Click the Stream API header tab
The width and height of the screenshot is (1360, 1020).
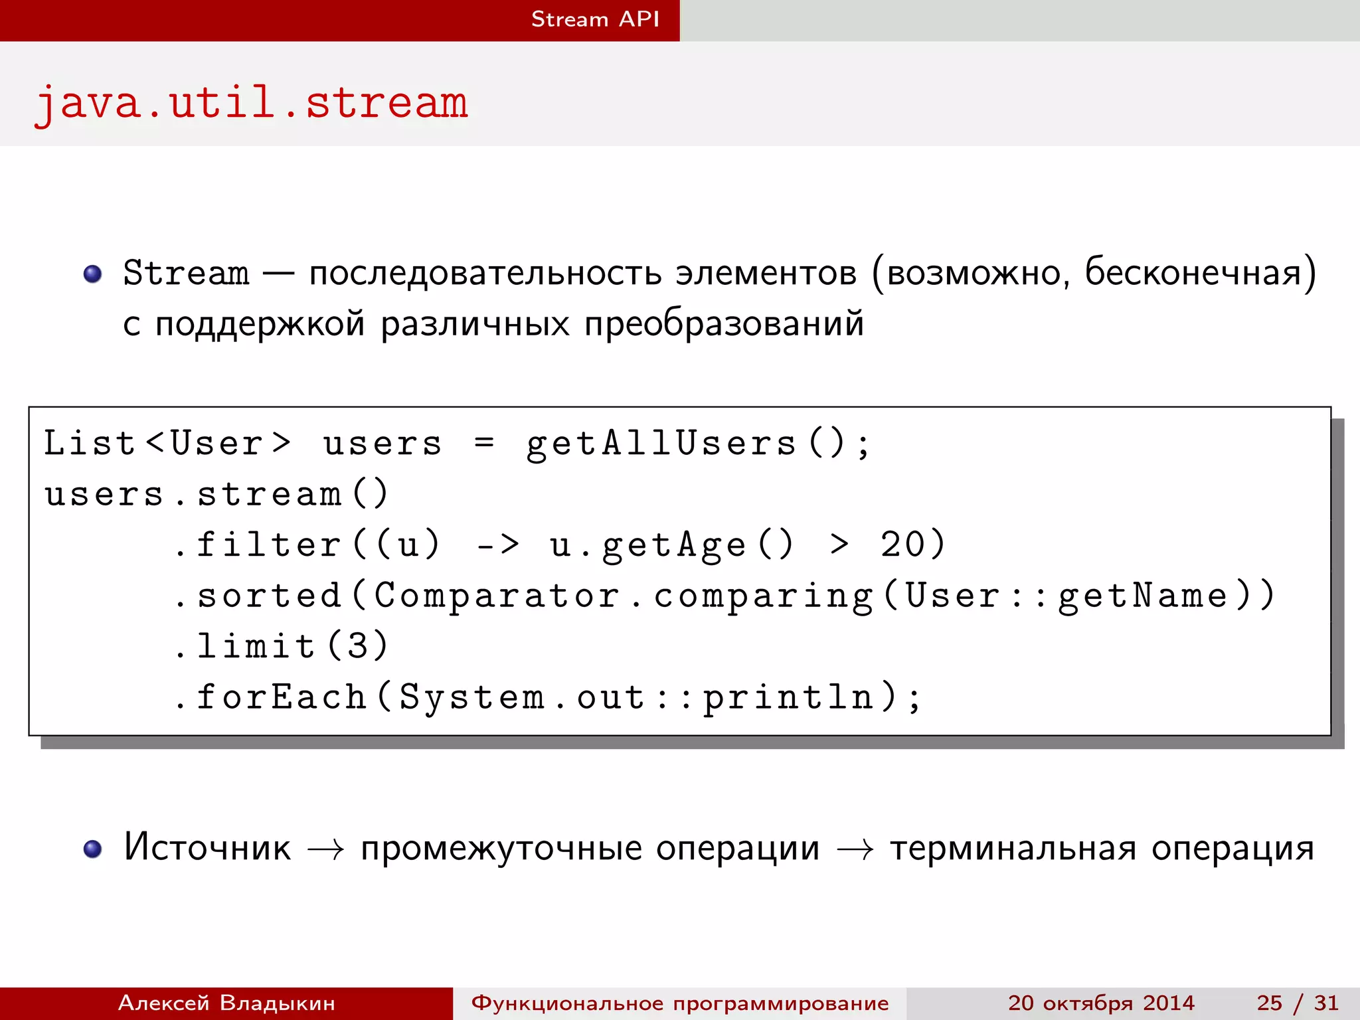[595, 19]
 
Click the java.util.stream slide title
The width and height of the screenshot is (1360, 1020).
[251, 104]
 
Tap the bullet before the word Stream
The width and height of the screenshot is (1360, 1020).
[92, 274]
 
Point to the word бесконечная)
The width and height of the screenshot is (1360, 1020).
[1199, 272]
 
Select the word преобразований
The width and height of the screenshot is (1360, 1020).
[724, 324]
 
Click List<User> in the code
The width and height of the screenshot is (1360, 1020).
[167, 444]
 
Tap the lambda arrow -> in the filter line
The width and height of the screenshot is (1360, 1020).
[498, 545]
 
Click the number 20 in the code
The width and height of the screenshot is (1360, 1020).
[904, 545]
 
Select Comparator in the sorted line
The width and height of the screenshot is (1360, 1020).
[497, 596]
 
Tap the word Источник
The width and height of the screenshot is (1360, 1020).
[207, 848]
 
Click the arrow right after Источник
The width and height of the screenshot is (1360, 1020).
[326, 849]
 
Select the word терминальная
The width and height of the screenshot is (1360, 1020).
[1013, 848]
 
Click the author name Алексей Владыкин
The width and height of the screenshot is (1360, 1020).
[226, 1003]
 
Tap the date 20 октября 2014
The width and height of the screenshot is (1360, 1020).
[1101, 1003]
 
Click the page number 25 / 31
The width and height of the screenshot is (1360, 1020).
[1297, 1003]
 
